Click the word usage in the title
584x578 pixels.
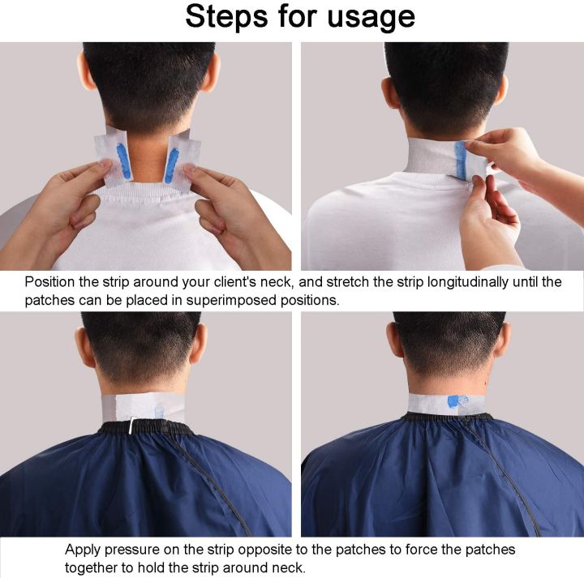[370, 17]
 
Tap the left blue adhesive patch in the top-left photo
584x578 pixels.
[123, 161]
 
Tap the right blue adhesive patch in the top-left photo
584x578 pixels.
[172, 165]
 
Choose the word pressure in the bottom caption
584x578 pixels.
[140, 550]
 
